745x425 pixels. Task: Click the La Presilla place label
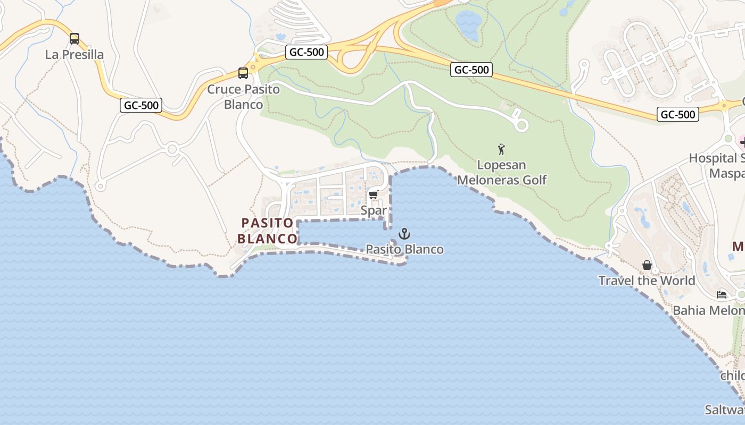(74, 54)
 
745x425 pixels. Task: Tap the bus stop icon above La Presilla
(74, 39)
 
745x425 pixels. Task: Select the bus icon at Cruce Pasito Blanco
(243, 73)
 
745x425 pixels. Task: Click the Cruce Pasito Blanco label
(243, 96)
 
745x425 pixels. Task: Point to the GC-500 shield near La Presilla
(141, 105)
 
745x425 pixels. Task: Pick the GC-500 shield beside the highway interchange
(306, 52)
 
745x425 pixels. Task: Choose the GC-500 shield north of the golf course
(471, 70)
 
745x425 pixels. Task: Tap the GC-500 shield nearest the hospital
(677, 114)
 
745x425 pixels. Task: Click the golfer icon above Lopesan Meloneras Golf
(501, 149)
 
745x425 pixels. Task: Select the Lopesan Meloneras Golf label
(502, 172)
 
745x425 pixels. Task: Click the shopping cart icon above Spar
(374, 195)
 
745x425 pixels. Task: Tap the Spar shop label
(374, 210)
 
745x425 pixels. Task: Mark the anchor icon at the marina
(404, 234)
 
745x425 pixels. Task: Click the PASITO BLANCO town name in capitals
(267, 231)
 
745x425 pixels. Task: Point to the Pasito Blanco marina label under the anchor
(404, 249)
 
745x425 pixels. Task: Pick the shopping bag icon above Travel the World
(647, 265)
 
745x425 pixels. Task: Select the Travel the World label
(647, 280)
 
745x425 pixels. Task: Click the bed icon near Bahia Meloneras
(722, 294)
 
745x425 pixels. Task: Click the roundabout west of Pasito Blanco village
(171, 149)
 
